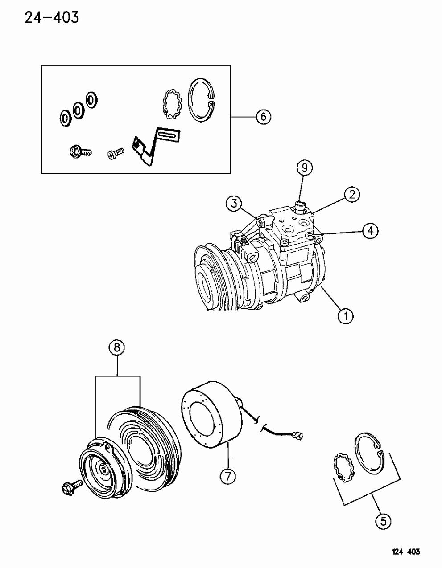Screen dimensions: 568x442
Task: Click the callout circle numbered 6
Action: [263, 117]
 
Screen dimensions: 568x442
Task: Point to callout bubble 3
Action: [233, 204]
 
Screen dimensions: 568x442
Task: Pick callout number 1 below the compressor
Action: [345, 316]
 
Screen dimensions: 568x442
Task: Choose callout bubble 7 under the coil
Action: [227, 477]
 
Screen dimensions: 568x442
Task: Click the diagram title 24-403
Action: [45, 18]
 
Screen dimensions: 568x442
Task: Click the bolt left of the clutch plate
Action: [71, 487]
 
